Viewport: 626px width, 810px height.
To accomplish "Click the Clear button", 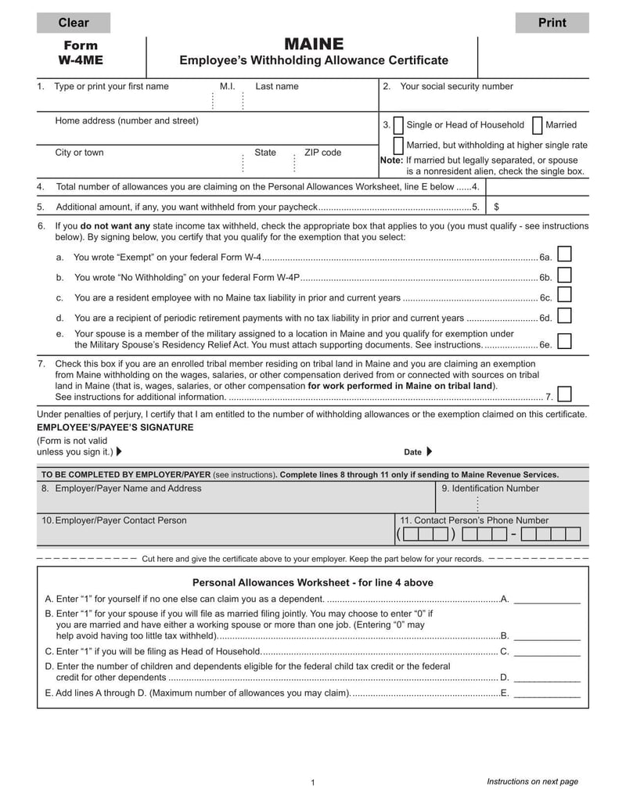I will point(74,23).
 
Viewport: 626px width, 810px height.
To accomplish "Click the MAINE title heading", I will point(313,44).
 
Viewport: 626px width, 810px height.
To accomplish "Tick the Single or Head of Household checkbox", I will point(399,125).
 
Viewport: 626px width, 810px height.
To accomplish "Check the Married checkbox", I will point(538,125).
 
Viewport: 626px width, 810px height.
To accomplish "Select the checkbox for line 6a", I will point(563,254).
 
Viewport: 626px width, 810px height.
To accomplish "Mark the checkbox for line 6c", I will point(563,295).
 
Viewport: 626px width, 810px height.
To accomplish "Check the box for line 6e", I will point(563,340).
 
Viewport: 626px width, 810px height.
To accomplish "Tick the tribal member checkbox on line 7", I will point(563,394).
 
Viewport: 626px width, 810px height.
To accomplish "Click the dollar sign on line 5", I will point(497,207).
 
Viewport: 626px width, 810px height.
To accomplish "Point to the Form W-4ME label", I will point(80,52).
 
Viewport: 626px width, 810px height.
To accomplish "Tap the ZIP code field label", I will point(322,153).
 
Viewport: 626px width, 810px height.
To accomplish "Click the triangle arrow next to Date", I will point(429,452).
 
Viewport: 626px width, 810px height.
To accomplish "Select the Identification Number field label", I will point(490,488).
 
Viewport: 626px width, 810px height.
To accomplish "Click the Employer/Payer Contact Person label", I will point(114,520).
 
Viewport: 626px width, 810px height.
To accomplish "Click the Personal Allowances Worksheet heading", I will point(312,583).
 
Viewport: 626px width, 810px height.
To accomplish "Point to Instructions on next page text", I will point(532,781).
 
